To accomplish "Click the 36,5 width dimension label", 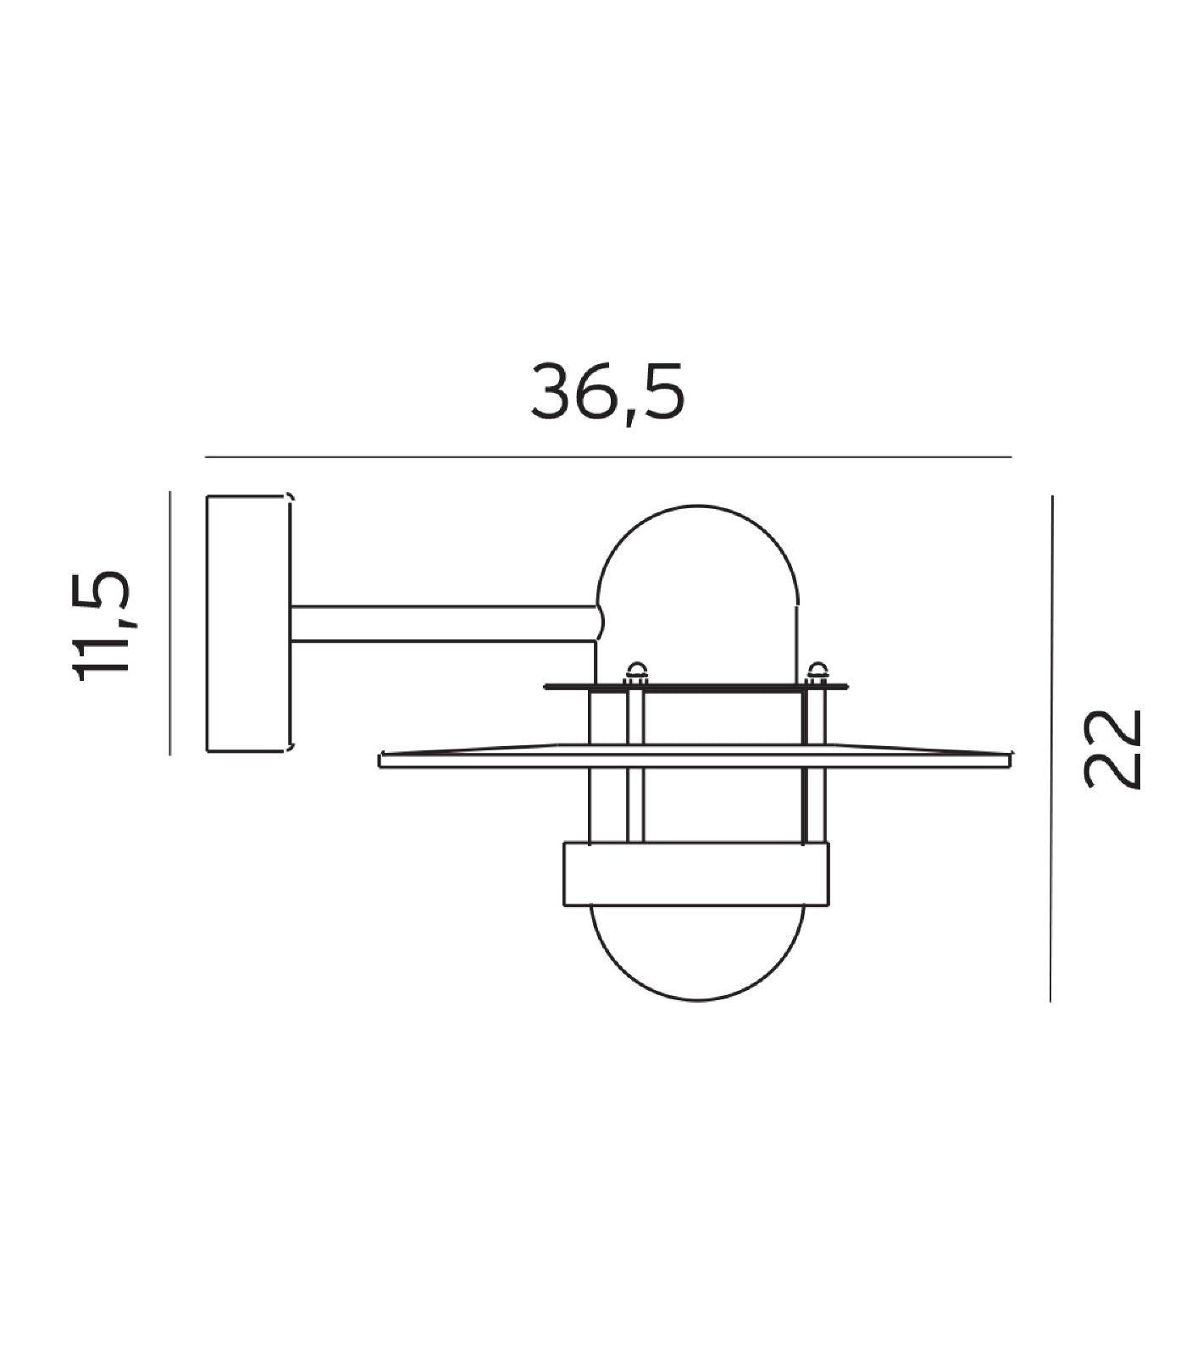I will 607,392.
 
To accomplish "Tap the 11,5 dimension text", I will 101,625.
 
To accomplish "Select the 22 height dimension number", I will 1115,749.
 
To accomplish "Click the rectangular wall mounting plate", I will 248,623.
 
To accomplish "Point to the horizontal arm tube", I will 441,623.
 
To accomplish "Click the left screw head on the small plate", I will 635,673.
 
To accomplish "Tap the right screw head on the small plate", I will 817,673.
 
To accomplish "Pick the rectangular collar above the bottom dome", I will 696,874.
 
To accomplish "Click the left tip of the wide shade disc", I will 384,759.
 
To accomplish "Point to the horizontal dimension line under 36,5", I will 608,457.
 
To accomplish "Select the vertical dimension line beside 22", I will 1051,749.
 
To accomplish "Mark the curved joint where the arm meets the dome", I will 600,623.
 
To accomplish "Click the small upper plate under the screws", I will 695,687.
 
